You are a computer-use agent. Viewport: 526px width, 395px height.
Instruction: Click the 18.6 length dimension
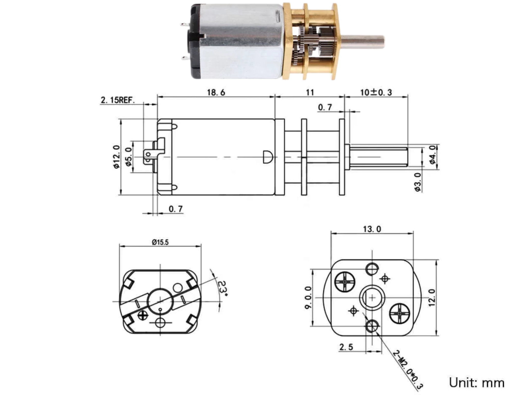(216, 92)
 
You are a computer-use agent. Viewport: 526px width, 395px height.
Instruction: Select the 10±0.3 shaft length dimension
(376, 92)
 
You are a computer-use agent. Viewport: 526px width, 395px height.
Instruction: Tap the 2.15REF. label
(118, 100)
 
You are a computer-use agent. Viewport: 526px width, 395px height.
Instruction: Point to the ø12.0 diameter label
(117, 157)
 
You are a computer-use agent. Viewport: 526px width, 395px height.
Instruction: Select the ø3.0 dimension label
(418, 182)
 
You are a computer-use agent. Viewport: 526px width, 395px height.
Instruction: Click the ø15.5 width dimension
(160, 242)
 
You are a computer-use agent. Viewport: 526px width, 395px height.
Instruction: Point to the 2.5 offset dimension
(346, 347)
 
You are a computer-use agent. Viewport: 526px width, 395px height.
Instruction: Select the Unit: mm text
(477, 383)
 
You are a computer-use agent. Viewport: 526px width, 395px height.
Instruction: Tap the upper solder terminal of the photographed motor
(184, 25)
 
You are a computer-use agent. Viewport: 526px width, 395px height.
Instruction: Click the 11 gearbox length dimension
(310, 92)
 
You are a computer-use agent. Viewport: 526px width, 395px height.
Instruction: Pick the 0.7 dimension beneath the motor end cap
(176, 209)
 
